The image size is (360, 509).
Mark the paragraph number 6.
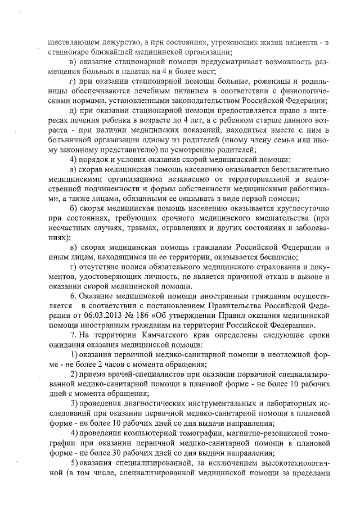[72, 295]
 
